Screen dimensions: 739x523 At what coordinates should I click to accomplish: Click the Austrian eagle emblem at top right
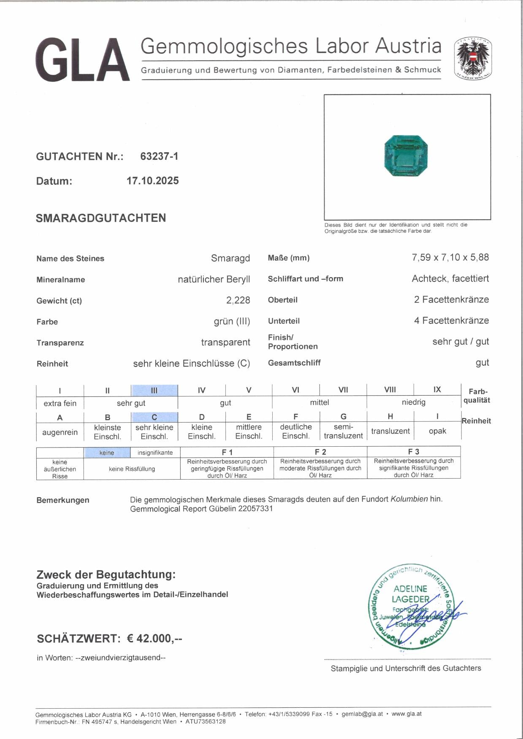(x=473, y=59)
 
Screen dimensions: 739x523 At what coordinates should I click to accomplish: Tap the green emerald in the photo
(x=406, y=156)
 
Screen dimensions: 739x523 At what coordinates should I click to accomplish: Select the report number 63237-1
(x=159, y=156)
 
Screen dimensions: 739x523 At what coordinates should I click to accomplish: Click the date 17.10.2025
(x=152, y=181)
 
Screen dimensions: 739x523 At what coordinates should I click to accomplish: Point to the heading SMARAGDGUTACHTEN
(x=101, y=218)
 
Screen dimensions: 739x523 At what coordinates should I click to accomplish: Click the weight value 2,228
(x=238, y=300)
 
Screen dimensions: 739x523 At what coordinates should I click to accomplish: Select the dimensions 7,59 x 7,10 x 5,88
(x=450, y=257)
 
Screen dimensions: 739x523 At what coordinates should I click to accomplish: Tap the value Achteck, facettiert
(x=450, y=278)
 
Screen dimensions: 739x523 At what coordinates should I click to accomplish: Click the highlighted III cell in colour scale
(x=154, y=390)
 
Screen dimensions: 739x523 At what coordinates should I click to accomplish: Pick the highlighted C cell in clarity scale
(x=154, y=417)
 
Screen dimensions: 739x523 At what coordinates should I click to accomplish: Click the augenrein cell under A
(x=60, y=432)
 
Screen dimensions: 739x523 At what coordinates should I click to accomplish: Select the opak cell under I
(x=437, y=431)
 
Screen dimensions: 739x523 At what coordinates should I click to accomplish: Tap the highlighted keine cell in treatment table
(x=107, y=453)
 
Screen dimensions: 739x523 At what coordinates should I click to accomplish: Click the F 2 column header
(x=320, y=452)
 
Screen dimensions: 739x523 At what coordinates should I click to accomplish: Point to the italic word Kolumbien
(x=409, y=499)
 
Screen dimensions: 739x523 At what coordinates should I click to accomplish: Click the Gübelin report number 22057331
(x=255, y=509)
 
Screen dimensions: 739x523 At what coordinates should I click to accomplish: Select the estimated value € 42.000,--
(x=154, y=639)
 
